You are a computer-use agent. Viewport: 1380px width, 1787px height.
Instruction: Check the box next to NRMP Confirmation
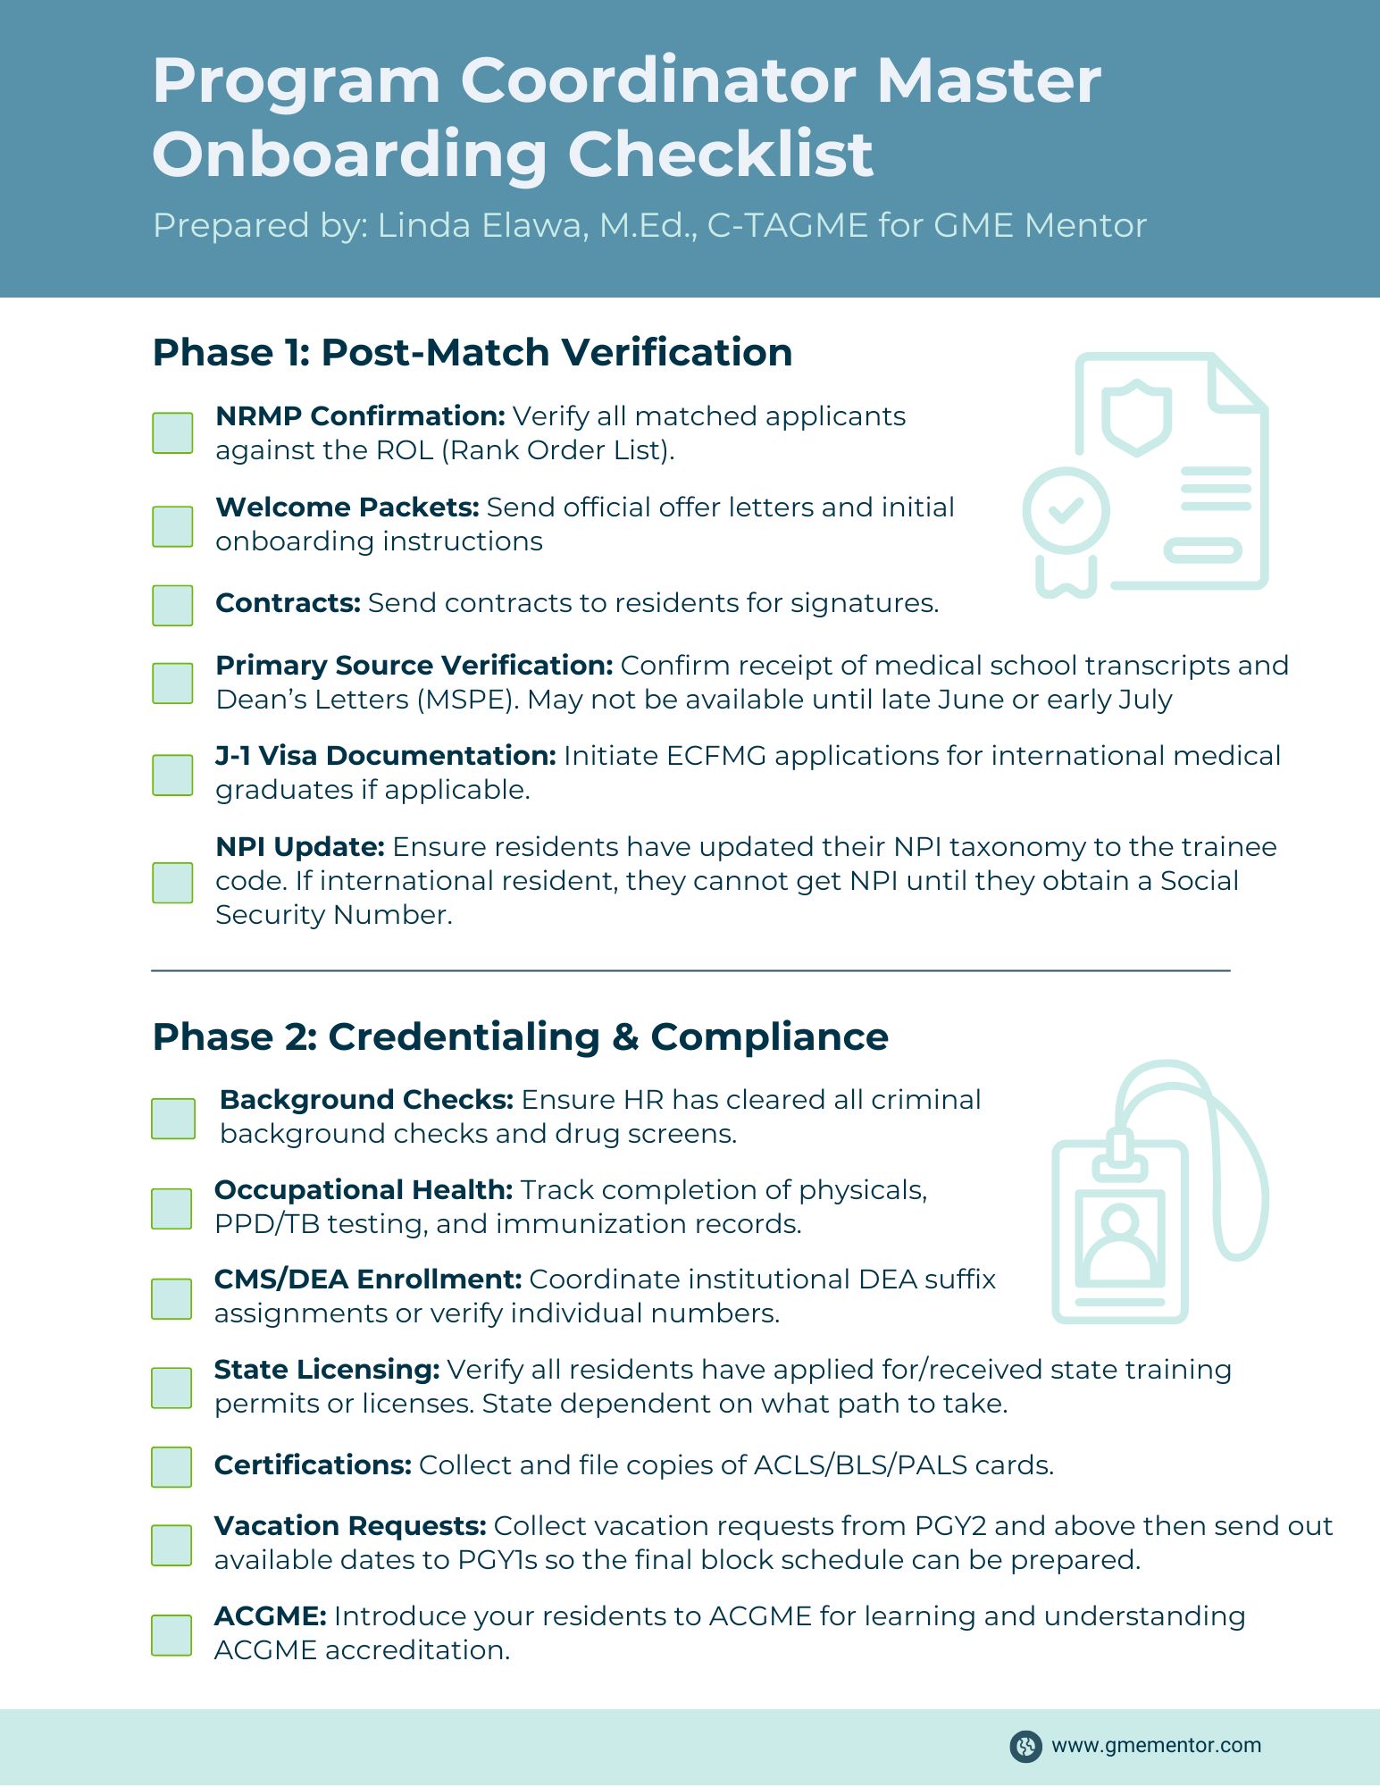(x=172, y=433)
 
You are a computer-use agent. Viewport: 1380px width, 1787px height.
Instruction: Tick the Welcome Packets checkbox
(x=172, y=526)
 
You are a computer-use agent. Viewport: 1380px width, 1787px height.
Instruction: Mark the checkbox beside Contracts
(x=172, y=605)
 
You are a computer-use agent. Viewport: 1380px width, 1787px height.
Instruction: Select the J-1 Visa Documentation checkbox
(x=172, y=775)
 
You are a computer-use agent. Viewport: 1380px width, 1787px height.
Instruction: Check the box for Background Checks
(x=172, y=1119)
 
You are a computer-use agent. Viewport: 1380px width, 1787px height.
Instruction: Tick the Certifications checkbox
(x=171, y=1467)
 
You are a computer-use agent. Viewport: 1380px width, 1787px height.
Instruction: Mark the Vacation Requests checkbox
(x=171, y=1545)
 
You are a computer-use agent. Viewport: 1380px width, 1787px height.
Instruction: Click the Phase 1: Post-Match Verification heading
(x=473, y=352)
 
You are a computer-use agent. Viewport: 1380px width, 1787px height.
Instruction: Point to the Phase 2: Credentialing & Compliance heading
(x=520, y=1036)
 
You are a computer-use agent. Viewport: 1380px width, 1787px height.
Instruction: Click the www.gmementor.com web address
(x=1156, y=1745)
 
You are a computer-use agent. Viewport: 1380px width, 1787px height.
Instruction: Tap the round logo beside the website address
(x=1025, y=1746)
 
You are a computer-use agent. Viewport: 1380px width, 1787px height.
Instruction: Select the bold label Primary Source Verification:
(x=414, y=666)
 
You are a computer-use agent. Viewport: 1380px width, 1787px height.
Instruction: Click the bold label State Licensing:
(x=327, y=1370)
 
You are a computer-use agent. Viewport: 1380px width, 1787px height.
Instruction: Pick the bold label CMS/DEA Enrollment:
(x=368, y=1279)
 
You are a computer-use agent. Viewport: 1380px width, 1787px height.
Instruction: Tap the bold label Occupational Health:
(x=364, y=1190)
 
